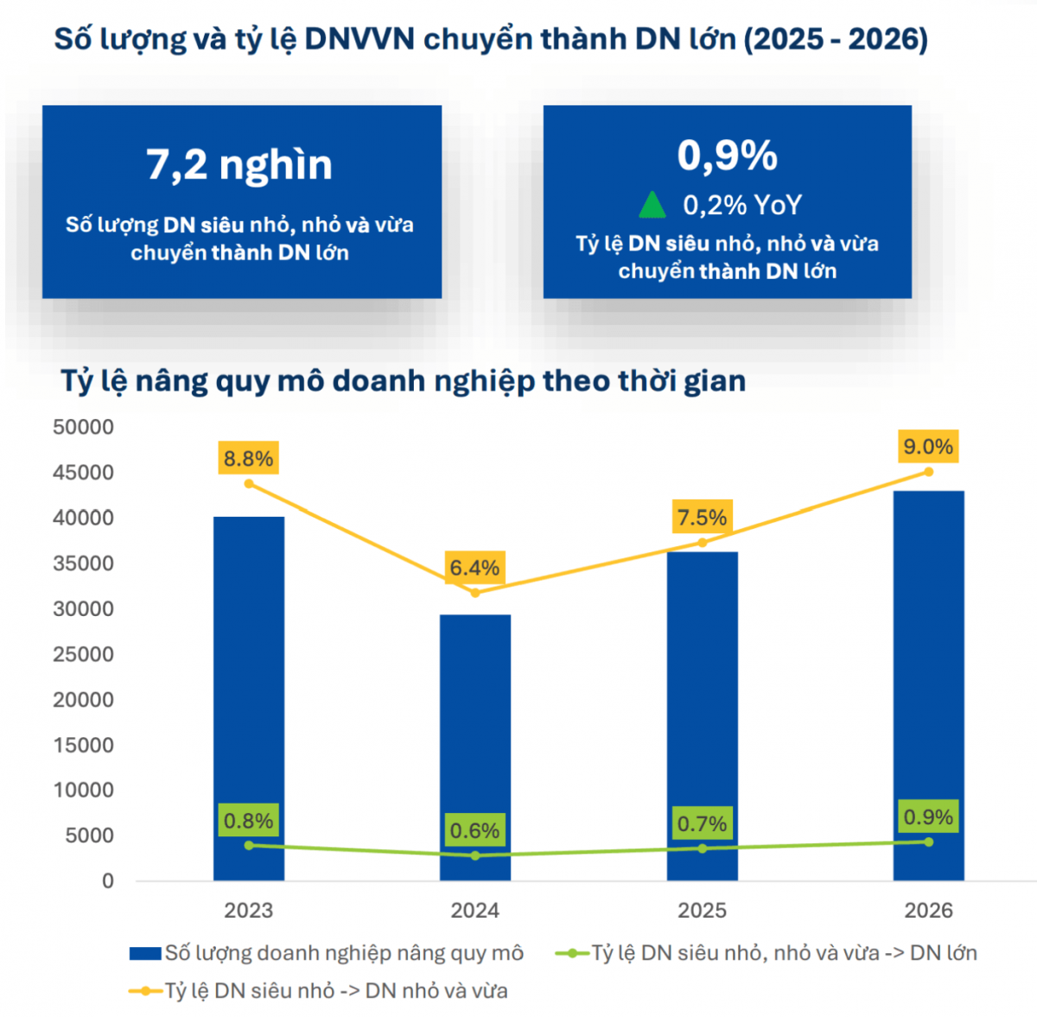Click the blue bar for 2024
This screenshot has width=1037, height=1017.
point(475,747)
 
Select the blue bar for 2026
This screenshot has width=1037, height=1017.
point(928,685)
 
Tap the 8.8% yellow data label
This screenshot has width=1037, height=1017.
point(248,458)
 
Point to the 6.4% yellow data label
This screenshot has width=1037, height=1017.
point(474,567)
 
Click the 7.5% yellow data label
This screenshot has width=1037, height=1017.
point(702,517)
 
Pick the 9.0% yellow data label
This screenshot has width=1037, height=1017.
point(928,446)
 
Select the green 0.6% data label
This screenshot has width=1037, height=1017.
point(474,829)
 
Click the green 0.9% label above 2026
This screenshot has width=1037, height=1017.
point(928,817)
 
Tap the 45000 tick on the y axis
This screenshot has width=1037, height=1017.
point(84,473)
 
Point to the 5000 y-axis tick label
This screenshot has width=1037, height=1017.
point(89,836)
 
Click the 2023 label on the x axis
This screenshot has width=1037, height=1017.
point(249,910)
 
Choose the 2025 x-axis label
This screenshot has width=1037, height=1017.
point(702,910)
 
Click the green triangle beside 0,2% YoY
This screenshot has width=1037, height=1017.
point(652,205)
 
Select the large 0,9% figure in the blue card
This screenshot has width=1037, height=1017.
point(727,156)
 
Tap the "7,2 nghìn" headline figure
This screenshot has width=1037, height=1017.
point(239,166)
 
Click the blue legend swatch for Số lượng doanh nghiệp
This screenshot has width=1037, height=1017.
point(145,954)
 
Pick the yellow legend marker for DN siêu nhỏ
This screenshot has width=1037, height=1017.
point(145,991)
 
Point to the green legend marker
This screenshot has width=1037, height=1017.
point(573,954)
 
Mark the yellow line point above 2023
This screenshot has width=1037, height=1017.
point(249,484)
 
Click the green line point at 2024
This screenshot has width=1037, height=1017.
point(475,855)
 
